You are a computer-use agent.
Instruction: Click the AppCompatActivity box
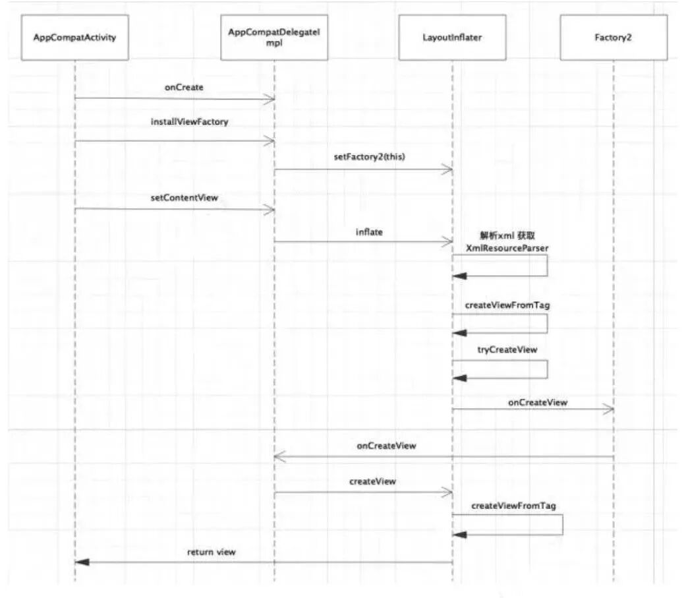[74, 38]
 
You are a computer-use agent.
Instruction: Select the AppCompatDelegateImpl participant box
[273, 38]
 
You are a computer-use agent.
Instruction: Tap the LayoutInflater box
[452, 38]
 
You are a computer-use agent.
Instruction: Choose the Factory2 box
[613, 38]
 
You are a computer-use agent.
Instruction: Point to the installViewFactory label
[188, 122]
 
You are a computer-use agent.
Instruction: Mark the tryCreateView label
[507, 349]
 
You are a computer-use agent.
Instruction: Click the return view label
[211, 552]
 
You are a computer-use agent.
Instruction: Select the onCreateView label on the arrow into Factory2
[537, 401]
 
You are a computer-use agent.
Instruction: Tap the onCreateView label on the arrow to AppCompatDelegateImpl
[386, 446]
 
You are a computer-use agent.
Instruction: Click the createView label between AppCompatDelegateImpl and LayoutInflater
[372, 481]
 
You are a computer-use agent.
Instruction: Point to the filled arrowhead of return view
[81, 562]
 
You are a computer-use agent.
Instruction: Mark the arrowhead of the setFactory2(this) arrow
[448, 169]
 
